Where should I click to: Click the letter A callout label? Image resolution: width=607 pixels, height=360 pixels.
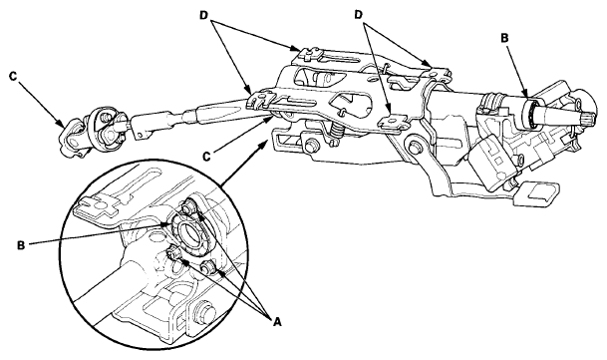(x=277, y=321)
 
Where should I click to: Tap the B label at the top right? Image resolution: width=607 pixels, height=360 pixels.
(x=504, y=38)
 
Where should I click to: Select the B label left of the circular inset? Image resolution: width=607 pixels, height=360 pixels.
(x=21, y=245)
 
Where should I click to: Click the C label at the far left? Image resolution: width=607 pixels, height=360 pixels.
(x=13, y=77)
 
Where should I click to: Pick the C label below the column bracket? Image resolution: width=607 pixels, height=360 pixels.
(x=206, y=157)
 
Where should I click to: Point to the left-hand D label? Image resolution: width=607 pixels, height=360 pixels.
(x=204, y=15)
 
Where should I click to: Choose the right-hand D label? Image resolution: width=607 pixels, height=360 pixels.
(x=359, y=15)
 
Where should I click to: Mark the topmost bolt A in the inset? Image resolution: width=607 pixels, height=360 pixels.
(x=190, y=204)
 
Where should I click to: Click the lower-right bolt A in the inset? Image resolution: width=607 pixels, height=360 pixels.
(x=208, y=267)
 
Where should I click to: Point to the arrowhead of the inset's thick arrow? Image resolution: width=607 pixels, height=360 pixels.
(x=265, y=143)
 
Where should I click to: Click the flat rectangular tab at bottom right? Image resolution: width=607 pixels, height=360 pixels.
(x=538, y=192)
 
